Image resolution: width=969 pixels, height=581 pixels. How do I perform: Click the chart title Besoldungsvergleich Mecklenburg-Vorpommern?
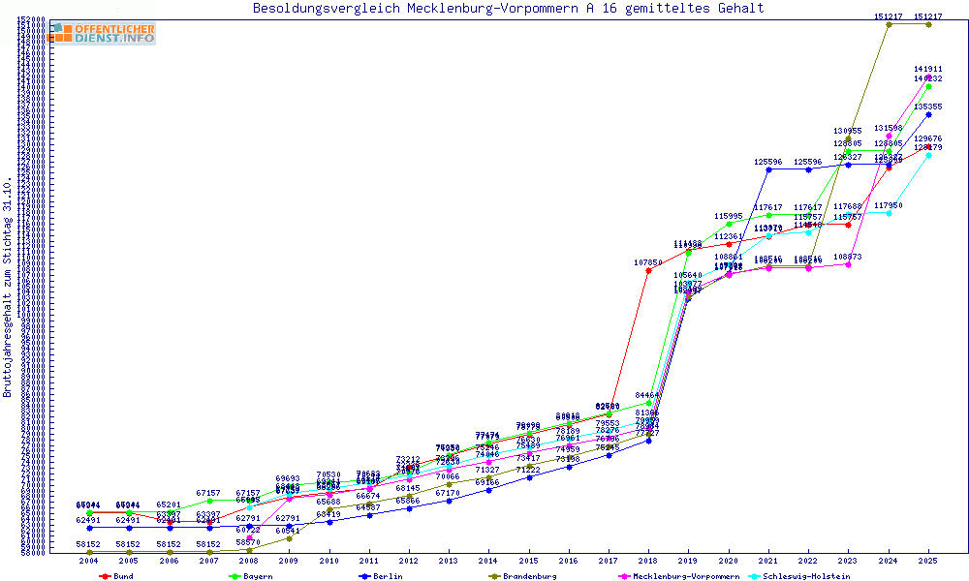(x=508, y=9)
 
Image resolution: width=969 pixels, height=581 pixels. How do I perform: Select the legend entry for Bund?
(x=117, y=576)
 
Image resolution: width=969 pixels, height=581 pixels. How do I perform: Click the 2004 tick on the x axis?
(x=89, y=561)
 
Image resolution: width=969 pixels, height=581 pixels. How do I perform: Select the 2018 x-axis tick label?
(x=648, y=561)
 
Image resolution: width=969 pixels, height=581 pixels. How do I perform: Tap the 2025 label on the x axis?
(x=928, y=561)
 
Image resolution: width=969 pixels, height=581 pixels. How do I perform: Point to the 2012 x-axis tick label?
(x=409, y=561)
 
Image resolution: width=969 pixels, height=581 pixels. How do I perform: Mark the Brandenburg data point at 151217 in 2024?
(x=889, y=24)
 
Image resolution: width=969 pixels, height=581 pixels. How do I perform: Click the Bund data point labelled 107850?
(x=648, y=270)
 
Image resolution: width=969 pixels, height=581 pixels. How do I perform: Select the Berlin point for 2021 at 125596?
(x=768, y=169)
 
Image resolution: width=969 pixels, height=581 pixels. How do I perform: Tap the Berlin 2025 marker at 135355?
(x=928, y=114)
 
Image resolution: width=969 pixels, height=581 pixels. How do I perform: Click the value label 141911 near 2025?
(x=928, y=70)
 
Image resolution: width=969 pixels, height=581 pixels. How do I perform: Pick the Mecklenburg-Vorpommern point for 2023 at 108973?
(x=849, y=264)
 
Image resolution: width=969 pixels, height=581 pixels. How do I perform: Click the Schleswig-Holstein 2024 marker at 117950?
(x=889, y=213)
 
